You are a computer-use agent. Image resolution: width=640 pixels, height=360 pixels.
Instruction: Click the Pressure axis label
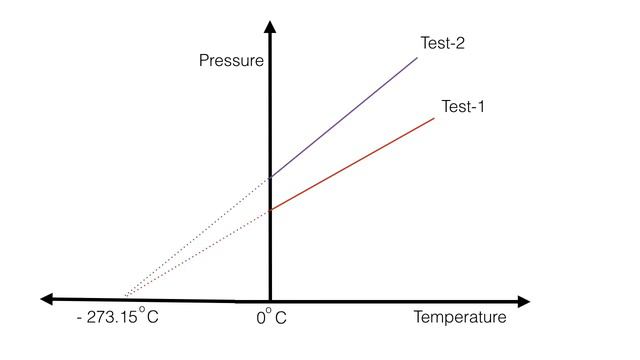232,61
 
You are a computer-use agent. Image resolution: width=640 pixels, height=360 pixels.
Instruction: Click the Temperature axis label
459,318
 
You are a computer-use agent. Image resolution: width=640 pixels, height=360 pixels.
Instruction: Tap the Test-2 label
443,44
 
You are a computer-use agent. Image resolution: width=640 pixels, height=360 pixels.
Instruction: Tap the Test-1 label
463,107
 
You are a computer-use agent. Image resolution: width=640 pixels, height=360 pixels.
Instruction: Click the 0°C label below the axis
271,319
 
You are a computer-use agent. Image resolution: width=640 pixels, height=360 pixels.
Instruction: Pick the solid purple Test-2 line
345,116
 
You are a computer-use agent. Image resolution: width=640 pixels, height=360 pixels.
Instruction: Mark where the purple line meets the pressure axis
270,177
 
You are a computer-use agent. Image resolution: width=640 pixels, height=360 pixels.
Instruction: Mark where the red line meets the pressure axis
270,210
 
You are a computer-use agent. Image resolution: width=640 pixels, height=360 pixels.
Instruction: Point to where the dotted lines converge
124,297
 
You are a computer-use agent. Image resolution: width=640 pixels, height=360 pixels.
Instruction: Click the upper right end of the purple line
417,57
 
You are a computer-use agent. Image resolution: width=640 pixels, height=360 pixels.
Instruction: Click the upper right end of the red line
435,118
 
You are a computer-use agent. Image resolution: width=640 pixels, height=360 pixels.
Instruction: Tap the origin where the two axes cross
270,299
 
